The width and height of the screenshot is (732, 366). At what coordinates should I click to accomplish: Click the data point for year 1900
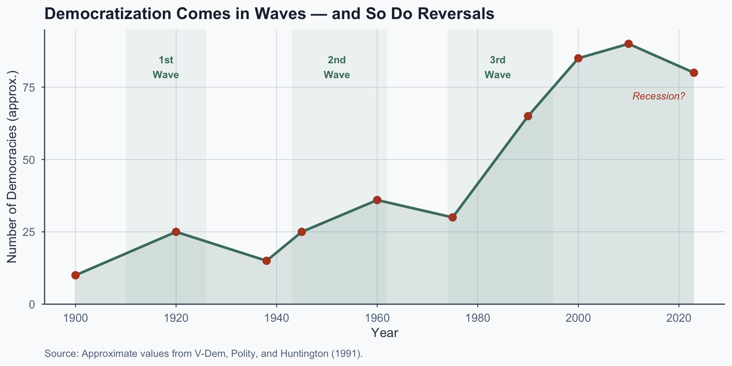(x=75, y=275)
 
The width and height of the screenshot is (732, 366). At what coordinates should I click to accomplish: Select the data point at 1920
(x=176, y=232)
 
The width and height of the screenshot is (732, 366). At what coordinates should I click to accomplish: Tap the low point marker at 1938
(x=266, y=261)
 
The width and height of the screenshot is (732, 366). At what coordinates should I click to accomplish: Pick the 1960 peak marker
(x=377, y=200)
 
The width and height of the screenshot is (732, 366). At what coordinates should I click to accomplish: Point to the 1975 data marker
(x=453, y=217)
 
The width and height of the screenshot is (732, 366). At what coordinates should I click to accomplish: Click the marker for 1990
(x=528, y=116)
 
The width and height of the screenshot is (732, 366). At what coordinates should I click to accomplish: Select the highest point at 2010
(x=629, y=44)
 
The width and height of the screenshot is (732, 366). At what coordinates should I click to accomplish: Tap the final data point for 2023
(x=694, y=73)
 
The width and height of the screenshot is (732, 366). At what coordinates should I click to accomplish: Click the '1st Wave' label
(x=166, y=67)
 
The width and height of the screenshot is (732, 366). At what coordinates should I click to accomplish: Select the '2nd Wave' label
(x=337, y=67)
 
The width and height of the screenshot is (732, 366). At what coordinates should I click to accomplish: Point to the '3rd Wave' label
(x=498, y=67)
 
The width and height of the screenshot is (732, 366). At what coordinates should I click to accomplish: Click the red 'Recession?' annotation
(x=659, y=96)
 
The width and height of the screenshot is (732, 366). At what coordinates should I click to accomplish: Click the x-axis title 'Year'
(x=384, y=333)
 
